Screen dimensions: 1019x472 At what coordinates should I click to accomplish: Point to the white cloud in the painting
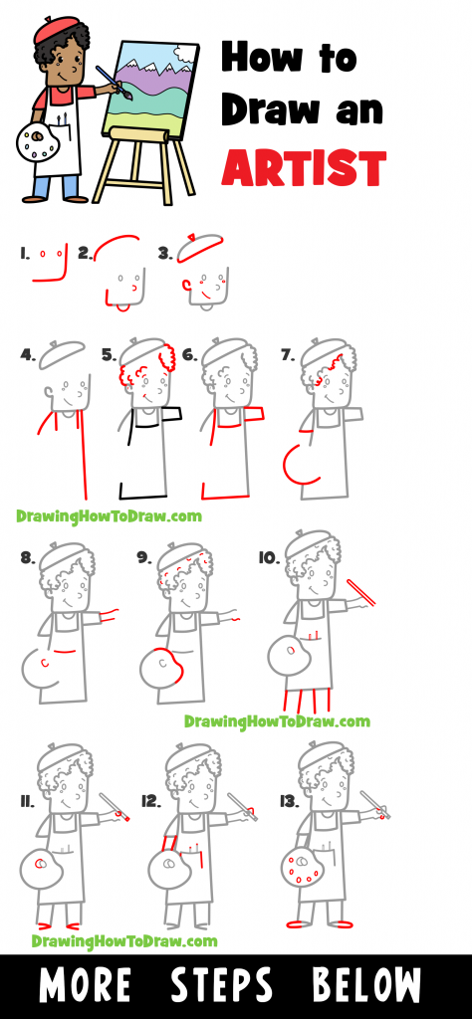pos(170,57)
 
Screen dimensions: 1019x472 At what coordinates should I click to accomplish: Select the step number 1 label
pos(24,254)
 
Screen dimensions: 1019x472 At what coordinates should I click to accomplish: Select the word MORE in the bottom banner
pos(85,985)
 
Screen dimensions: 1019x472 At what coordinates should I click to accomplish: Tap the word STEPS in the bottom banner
pos(221,985)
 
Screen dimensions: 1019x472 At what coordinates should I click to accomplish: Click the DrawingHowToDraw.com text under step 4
pos(109,515)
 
